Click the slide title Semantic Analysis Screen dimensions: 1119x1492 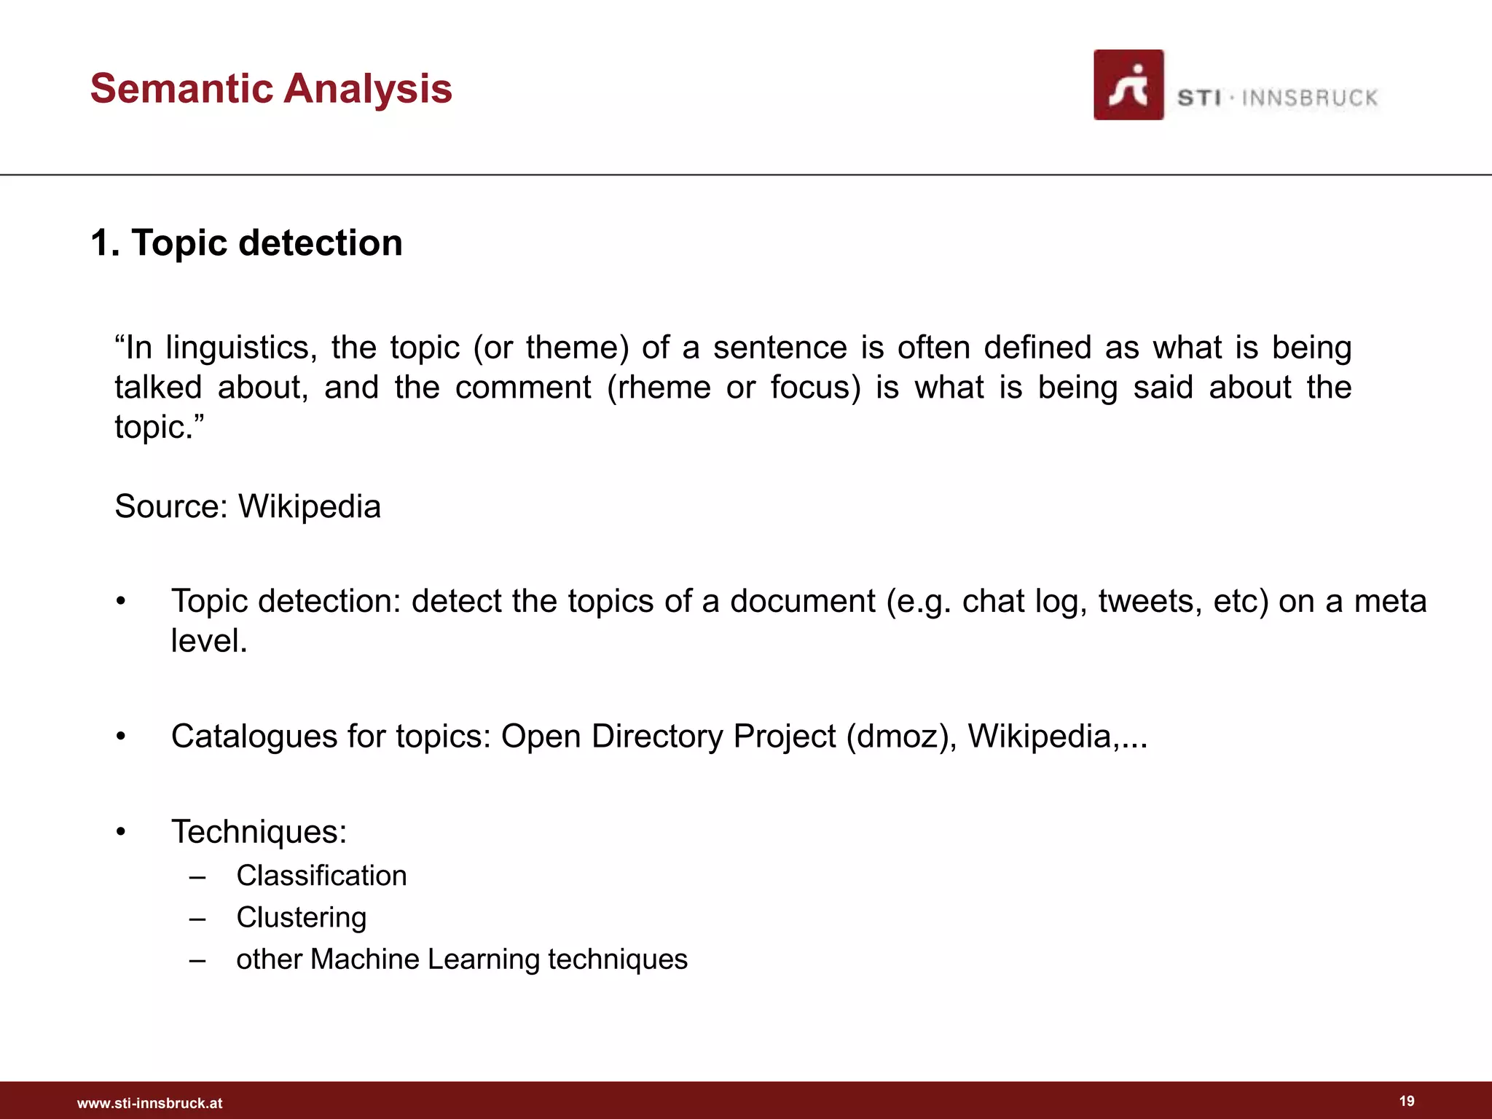(x=271, y=89)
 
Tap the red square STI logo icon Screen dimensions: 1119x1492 (x=1128, y=85)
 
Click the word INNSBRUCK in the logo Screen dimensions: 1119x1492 (x=1309, y=98)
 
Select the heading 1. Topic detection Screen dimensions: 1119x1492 (x=246, y=243)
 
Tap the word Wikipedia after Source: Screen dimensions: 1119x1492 (x=310, y=506)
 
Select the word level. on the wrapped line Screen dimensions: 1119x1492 (x=209, y=641)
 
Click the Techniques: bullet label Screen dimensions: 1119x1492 (x=259, y=832)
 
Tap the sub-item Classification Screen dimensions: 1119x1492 (x=321, y=876)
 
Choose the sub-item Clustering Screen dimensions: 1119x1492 (x=301, y=918)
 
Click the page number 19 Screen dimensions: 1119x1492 (x=1407, y=1101)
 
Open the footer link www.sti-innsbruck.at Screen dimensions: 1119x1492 (x=149, y=1103)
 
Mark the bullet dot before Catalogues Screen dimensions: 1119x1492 (x=121, y=737)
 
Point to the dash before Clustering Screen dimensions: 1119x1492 (x=197, y=919)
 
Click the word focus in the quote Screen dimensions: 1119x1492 (x=815, y=388)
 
